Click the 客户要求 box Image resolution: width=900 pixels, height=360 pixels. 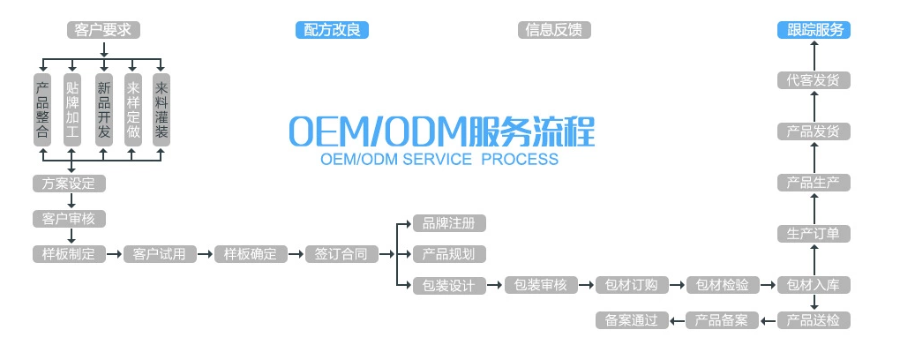coord(103,29)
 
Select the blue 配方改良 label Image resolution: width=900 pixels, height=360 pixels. coord(331,29)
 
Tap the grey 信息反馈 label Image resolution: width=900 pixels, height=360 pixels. coord(554,29)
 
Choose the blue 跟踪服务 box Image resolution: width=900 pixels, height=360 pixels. coord(813,29)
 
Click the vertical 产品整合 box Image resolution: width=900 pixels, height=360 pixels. coord(41,110)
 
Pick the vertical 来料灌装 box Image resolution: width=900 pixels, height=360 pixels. coord(161,110)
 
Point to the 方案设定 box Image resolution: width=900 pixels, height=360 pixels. coord(69,184)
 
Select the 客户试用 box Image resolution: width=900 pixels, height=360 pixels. coord(160,254)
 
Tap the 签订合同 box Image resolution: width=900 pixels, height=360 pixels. coord(341,254)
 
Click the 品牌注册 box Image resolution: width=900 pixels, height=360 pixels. coord(449,223)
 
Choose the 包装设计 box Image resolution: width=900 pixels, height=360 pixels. coord(449,285)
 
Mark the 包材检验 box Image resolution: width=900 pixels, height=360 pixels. coord(722,285)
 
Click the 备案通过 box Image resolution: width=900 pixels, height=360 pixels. coord(631,320)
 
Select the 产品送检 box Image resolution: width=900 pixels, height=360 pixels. coord(813,320)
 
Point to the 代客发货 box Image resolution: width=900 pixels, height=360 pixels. coord(813,80)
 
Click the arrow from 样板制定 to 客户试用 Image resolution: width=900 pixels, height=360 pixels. coord(114,254)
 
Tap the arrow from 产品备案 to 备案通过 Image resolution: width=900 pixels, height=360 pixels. coord(676,320)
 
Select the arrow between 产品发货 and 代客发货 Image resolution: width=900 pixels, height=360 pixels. coord(813,106)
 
